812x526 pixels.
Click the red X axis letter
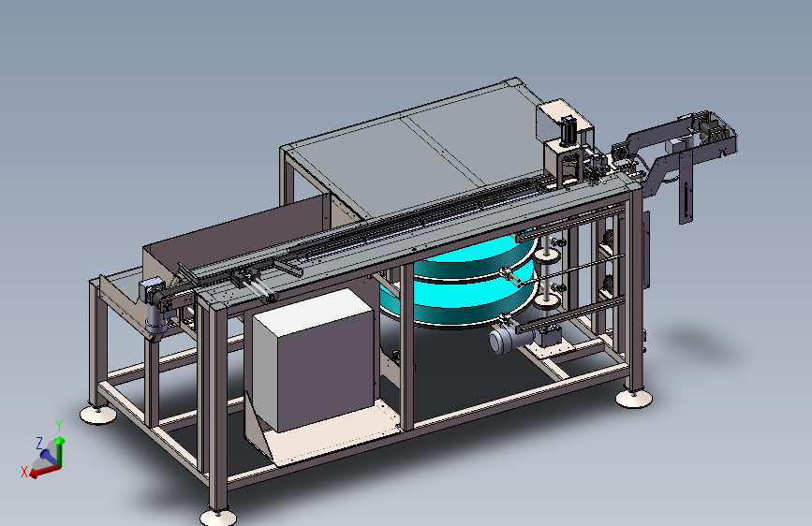(23, 472)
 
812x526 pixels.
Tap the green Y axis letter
(59, 426)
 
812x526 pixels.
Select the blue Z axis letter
(39, 443)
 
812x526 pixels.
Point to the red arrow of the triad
(44, 471)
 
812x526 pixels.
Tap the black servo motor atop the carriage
(568, 129)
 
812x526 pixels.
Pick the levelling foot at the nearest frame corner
(218, 517)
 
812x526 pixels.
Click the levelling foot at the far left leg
(98, 415)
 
